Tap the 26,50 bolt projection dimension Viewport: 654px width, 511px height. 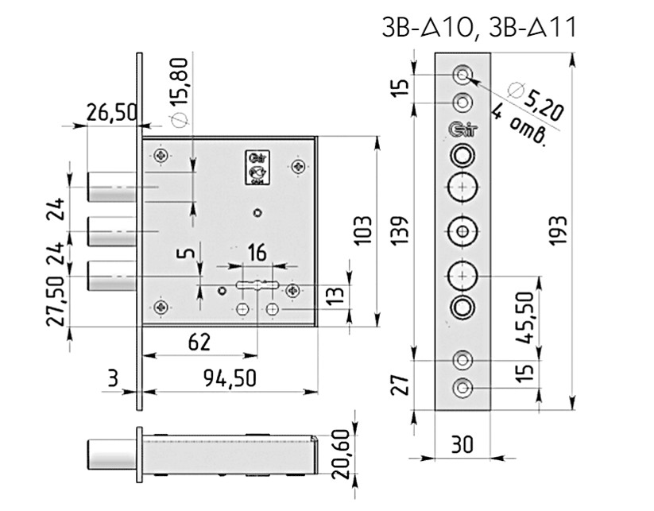point(112,113)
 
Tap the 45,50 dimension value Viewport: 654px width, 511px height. point(524,316)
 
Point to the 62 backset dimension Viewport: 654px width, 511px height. point(199,343)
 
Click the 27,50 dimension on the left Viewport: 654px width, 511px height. point(56,302)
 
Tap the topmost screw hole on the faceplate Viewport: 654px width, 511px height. point(462,75)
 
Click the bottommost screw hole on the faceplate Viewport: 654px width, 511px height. point(462,389)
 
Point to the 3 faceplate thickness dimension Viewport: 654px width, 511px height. point(113,380)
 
